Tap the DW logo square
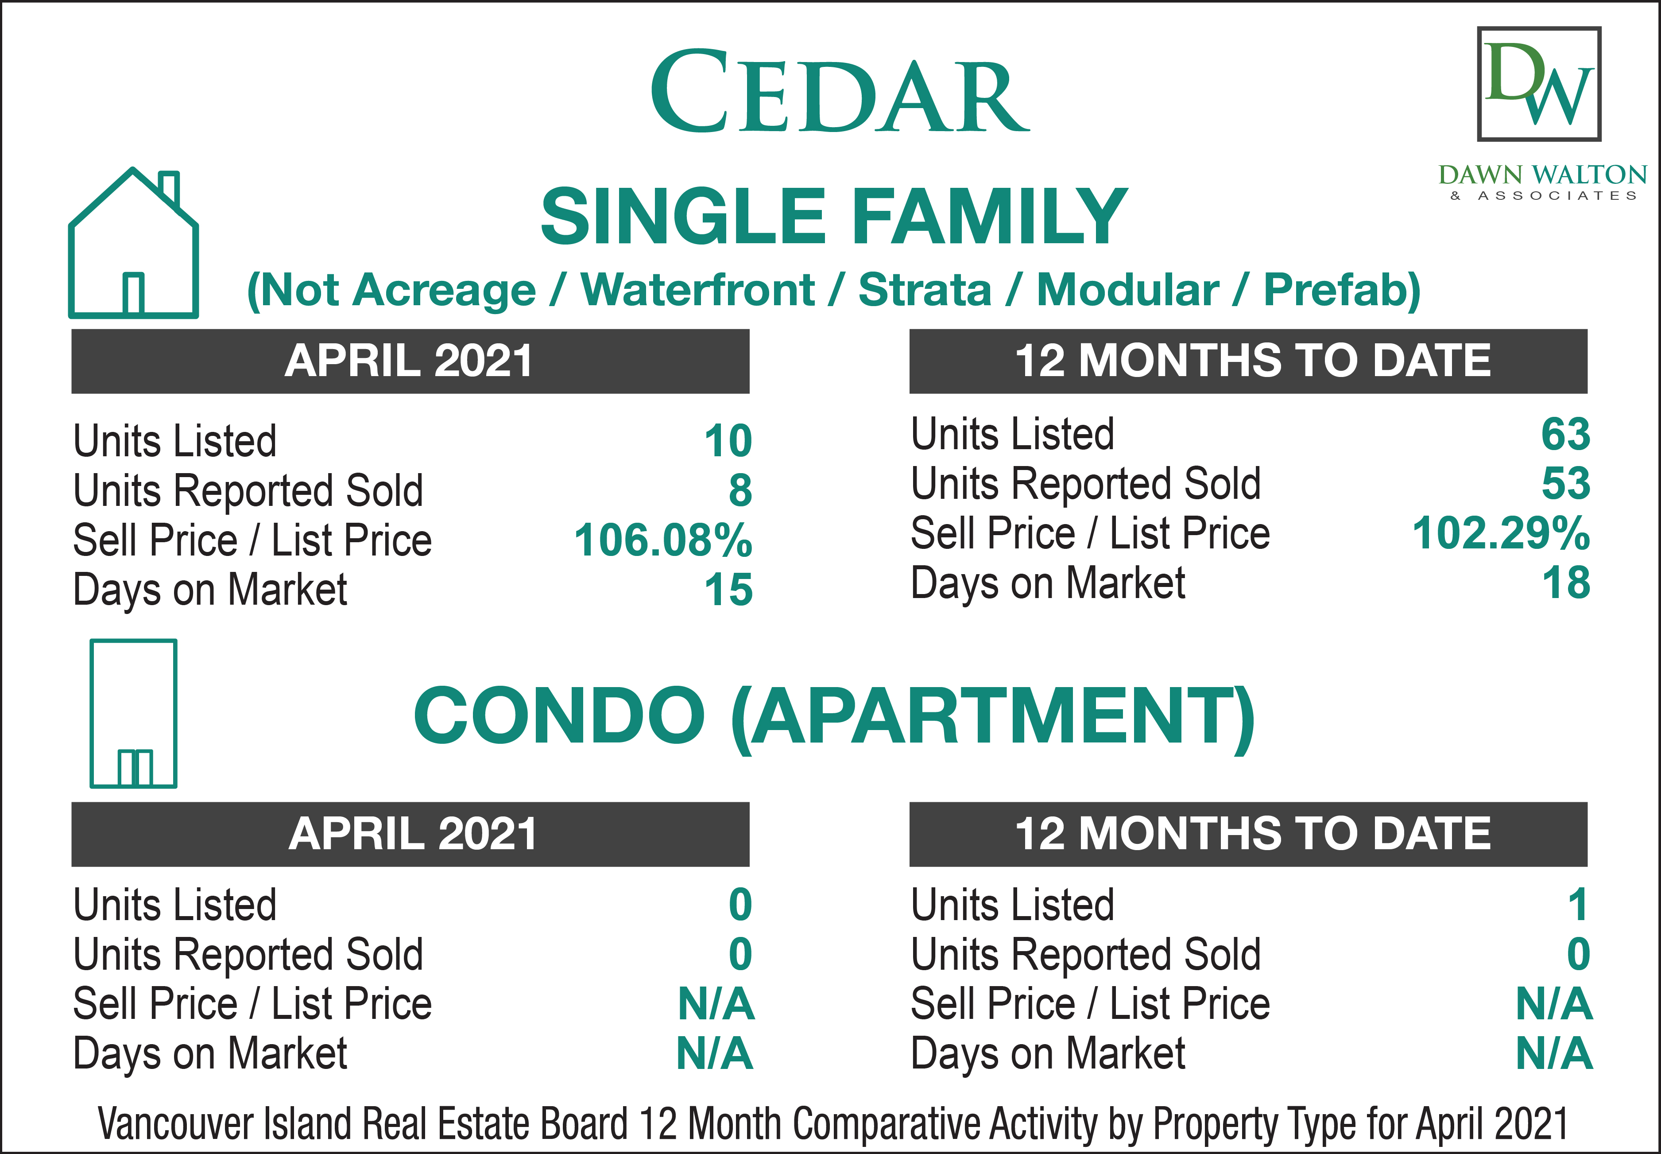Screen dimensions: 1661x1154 point(1539,84)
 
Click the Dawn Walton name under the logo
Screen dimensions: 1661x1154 point(1542,175)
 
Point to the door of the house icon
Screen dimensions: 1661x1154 point(133,294)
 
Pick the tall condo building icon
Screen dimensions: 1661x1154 point(134,714)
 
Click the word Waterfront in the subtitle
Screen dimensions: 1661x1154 point(697,290)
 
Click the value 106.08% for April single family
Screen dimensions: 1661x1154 point(663,540)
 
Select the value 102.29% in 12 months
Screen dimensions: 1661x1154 point(1501,534)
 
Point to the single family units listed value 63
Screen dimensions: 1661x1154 point(1566,435)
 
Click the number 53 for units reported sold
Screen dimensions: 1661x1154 point(1566,484)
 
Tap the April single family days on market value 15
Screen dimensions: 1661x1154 point(728,590)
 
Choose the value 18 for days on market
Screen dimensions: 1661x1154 point(1566,583)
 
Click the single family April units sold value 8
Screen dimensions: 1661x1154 point(740,491)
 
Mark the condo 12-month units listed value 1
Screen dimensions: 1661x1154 point(1578,905)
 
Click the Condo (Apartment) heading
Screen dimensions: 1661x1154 point(834,716)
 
